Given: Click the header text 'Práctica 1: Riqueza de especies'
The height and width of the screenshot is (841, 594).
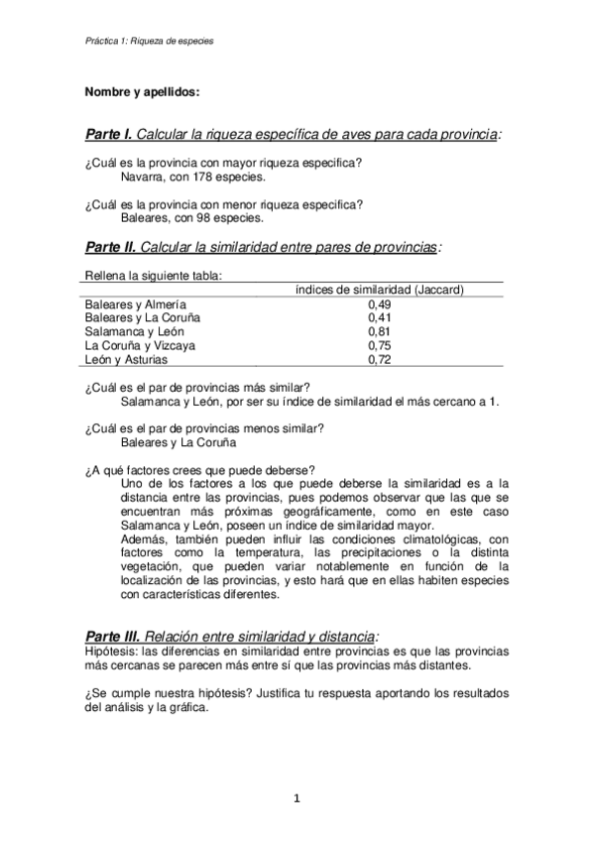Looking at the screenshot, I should pos(150,42).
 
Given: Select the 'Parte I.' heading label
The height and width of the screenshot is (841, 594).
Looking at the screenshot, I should pos(109,134).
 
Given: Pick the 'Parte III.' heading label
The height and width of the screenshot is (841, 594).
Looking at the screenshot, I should pos(113,635).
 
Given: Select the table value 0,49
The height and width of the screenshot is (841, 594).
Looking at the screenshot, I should pos(379,303).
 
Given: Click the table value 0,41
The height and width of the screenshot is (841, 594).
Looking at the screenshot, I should pos(379,317).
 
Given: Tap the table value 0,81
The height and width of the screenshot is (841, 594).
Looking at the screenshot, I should pos(379,331).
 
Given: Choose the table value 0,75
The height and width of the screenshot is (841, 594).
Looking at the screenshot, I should pos(379,345).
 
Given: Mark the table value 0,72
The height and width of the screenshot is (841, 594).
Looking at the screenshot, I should pos(379,359).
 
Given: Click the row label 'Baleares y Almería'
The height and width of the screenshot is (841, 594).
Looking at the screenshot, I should pos(135,303).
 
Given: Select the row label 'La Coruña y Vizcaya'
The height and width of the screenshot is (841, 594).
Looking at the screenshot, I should pos(140,345).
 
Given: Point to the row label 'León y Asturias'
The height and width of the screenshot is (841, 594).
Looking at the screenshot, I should pos(127,359).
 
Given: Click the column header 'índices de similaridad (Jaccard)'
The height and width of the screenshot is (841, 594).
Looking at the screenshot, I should pos(381,289).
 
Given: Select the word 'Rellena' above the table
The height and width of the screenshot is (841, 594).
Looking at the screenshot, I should pos(106,276).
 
